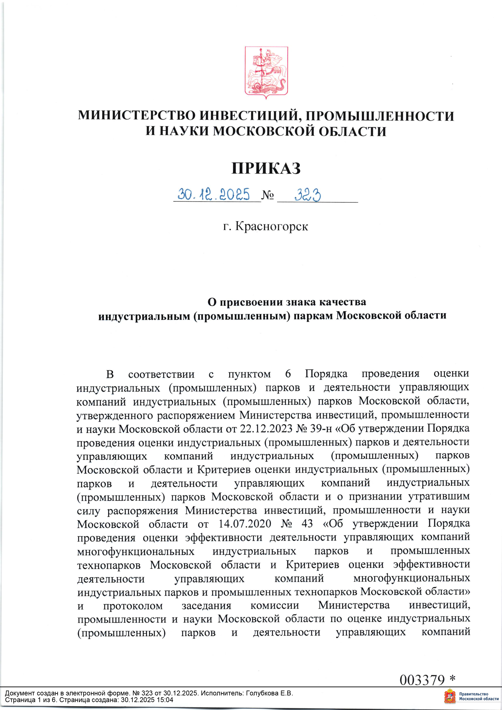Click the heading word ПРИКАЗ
(x=266, y=168)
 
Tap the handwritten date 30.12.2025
(x=213, y=194)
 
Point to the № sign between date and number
(x=268, y=195)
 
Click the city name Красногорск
(x=272, y=226)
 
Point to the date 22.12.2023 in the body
(x=266, y=429)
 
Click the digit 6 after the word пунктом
(x=288, y=374)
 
